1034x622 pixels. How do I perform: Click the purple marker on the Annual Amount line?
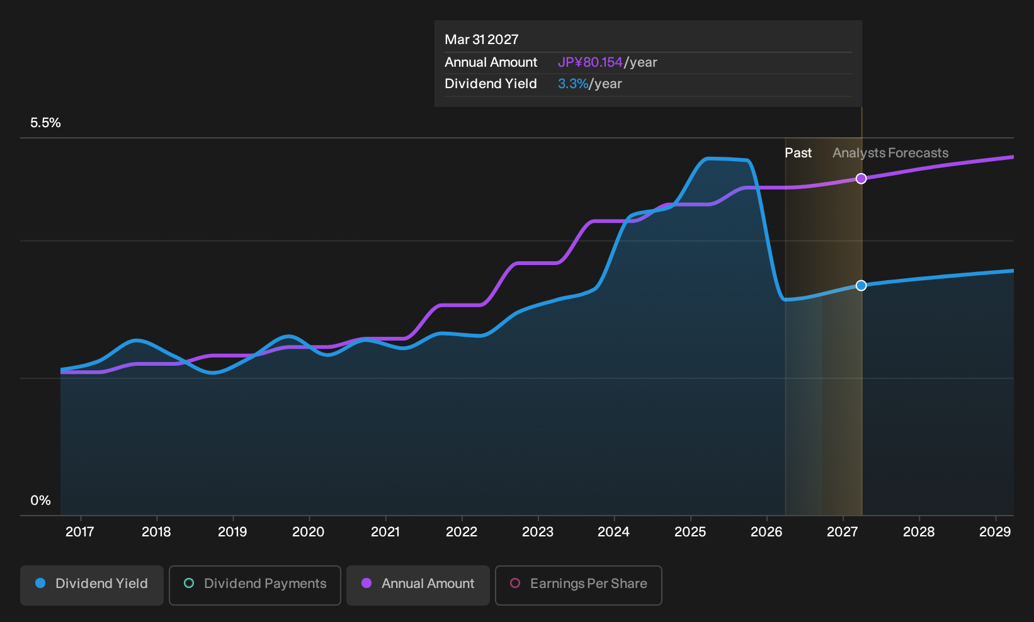point(861,179)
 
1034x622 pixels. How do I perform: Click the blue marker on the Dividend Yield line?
point(861,286)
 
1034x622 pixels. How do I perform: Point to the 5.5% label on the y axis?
point(45,123)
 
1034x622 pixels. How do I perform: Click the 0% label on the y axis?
point(40,500)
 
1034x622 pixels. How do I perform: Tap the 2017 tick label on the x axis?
point(80,531)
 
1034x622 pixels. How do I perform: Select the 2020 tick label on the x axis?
point(309,531)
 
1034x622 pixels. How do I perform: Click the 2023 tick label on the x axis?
point(538,531)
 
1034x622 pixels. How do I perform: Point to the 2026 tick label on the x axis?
point(766,531)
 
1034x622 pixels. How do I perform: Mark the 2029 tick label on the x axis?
point(995,531)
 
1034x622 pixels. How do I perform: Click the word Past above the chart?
point(798,153)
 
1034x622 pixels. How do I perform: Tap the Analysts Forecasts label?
point(890,153)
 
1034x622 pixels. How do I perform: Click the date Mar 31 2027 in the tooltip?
point(482,40)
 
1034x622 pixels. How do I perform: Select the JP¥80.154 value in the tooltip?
point(590,62)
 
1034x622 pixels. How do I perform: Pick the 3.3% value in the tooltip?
point(573,84)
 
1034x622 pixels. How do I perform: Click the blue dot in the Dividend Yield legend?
point(41,583)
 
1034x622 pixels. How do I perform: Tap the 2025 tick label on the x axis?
point(690,531)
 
